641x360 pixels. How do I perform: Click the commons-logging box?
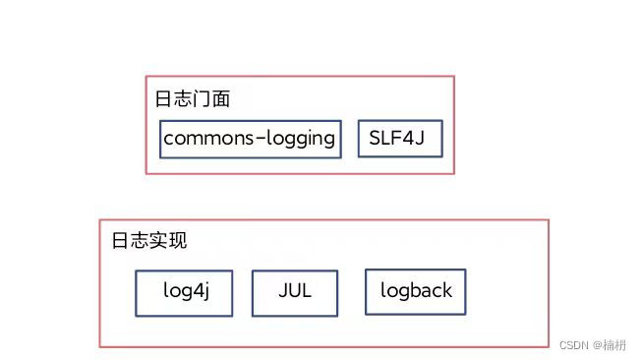(x=250, y=139)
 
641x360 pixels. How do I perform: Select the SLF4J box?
(x=399, y=139)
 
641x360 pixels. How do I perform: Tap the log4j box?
(x=184, y=292)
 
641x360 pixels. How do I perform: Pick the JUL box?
(x=295, y=292)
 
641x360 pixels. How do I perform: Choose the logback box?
(x=416, y=291)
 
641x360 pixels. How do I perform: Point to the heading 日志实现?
(x=149, y=242)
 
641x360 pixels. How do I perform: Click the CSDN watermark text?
(x=573, y=346)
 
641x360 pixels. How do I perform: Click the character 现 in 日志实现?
(x=178, y=242)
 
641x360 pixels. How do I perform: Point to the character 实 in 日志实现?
(x=159, y=242)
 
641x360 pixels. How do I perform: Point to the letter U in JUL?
(x=294, y=292)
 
